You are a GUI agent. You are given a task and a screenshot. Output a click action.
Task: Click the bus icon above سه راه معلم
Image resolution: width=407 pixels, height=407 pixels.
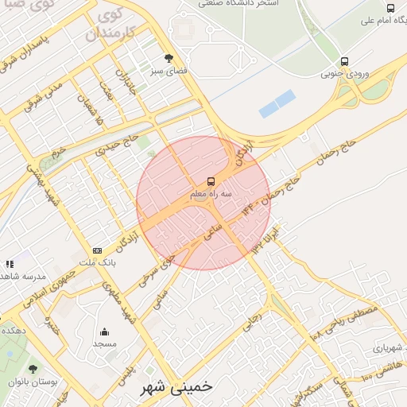[x=211, y=181]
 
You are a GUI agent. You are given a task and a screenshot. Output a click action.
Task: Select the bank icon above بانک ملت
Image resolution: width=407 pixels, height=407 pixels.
[x=97, y=250]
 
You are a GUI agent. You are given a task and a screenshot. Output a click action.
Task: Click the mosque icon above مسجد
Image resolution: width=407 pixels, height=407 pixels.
[x=104, y=332]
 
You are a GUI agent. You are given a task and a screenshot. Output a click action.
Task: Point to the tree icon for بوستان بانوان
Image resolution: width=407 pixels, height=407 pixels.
[x=33, y=369]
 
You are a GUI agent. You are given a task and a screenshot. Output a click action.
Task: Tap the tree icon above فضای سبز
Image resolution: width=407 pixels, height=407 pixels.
[x=168, y=58]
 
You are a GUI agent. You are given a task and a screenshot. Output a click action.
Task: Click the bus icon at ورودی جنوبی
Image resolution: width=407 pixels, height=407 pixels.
[x=344, y=61]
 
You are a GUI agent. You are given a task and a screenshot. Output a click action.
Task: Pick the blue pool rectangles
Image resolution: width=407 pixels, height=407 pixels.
[x=277, y=103]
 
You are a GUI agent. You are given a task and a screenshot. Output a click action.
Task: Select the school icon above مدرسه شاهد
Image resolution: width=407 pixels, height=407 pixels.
[x=10, y=263]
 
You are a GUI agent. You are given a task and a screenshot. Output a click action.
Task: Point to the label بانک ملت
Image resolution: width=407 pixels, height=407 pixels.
[x=102, y=262]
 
